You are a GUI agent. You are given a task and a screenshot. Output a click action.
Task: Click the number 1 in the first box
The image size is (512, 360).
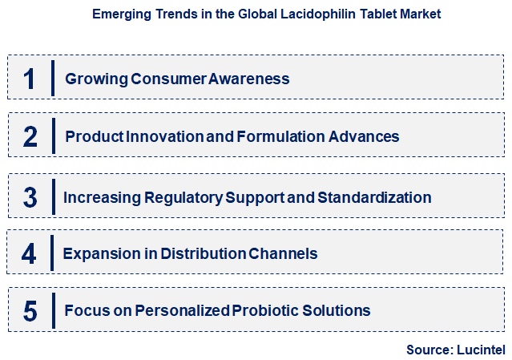pos(30,79)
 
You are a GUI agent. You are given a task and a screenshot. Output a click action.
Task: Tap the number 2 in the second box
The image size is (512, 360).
pos(30,136)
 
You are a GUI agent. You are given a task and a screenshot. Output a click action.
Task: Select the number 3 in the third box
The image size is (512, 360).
pos(30,197)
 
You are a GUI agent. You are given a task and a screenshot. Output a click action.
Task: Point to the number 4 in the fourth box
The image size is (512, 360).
pos(30,253)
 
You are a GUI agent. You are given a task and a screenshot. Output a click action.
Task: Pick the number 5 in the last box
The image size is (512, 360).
pos(30,310)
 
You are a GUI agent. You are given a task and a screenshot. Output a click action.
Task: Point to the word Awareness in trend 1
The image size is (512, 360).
pos(249,79)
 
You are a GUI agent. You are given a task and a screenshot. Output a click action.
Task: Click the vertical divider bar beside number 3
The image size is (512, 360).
pos(53,197)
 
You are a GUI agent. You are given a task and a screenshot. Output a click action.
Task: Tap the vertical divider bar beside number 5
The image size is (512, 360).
pos(53,310)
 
